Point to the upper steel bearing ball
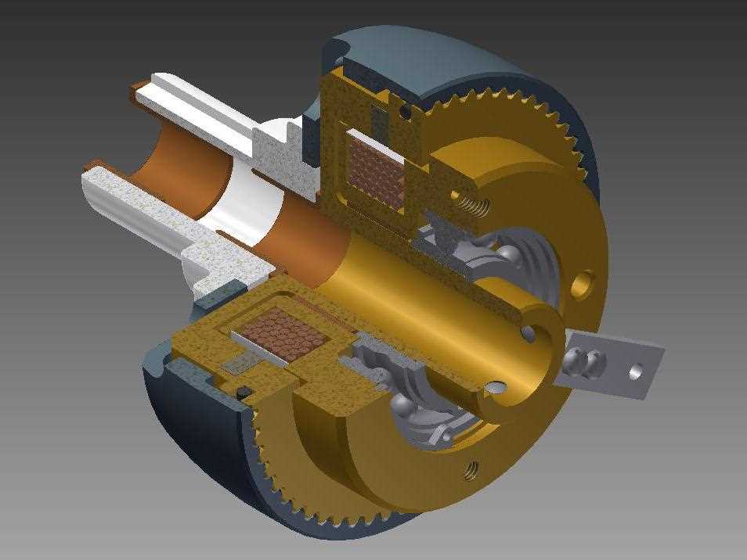511,257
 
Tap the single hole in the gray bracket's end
636,372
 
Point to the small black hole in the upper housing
405,113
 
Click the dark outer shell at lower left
188,415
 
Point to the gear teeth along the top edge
501,109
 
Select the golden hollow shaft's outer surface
423,297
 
